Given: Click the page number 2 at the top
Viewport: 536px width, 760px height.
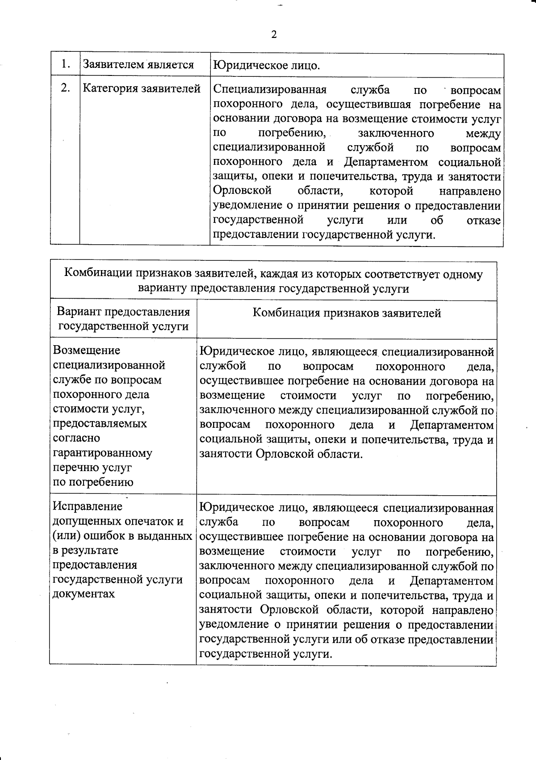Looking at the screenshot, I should click(274, 35).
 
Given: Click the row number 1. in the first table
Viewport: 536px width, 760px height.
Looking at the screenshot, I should click(65, 64).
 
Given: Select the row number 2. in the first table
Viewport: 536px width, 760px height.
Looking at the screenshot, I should click(65, 88).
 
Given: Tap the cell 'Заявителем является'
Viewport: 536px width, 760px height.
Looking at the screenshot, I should click(138, 65).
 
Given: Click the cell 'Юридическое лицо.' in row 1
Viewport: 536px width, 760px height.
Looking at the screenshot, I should click(266, 66).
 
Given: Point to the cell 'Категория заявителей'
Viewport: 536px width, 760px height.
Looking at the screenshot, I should click(142, 89).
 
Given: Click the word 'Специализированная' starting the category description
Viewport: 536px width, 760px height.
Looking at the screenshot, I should click(270, 90).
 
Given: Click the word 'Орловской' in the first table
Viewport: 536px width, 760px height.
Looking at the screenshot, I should click(242, 191).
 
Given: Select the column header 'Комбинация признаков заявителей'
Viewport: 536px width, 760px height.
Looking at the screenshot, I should click(347, 313).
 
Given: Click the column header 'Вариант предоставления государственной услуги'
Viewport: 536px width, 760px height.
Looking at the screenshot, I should click(123, 319).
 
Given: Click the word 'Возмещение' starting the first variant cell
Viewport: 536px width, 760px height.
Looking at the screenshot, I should click(86, 351).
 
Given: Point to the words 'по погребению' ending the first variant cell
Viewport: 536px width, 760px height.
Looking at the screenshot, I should click(93, 482).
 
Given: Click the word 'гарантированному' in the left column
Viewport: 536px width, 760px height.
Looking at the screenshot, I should click(102, 453).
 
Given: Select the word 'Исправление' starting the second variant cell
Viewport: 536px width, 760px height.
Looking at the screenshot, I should click(88, 506).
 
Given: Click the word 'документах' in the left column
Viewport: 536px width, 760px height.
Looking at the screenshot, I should click(84, 594).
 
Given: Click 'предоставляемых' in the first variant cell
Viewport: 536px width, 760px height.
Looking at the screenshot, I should click(100, 424).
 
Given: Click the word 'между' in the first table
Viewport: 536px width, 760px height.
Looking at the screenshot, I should click(483, 134).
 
